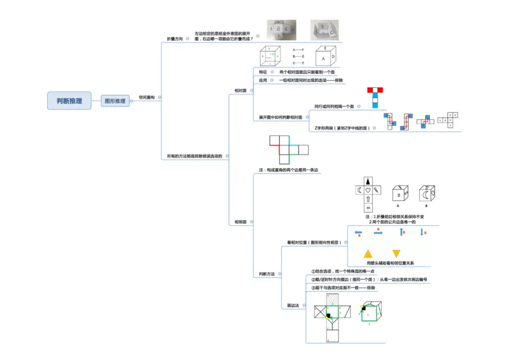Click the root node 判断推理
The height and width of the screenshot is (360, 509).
pos(69,100)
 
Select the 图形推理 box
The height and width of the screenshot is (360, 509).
pos(115,100)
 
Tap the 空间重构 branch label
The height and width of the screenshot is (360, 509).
pos(146,97)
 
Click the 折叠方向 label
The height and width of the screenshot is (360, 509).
pos(174,39)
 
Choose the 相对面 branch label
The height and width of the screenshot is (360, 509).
pos(241,90)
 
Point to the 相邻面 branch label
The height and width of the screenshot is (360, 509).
pos(241,222)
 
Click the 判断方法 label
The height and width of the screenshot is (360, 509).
pos(267,274)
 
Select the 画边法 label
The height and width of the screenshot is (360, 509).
pos(293,306)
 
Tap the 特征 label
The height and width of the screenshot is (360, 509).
pos(263,73)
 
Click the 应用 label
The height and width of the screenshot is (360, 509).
pos(263,81)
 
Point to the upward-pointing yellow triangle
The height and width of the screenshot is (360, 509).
pos(368,253)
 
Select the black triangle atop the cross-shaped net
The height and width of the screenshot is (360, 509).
pos(368,180)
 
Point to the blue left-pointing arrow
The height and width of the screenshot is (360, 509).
pos(358,233)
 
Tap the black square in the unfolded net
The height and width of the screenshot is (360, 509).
pos(328,315)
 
